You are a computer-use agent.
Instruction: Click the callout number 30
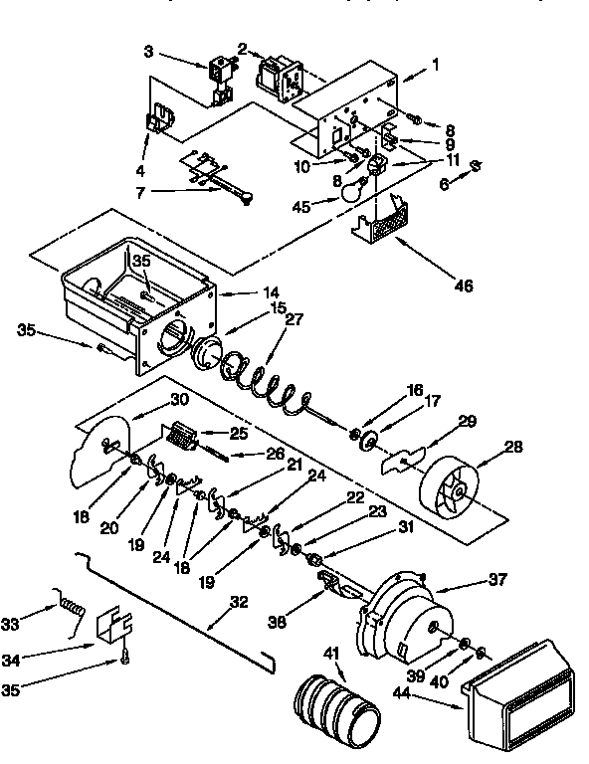coord(179,399)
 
